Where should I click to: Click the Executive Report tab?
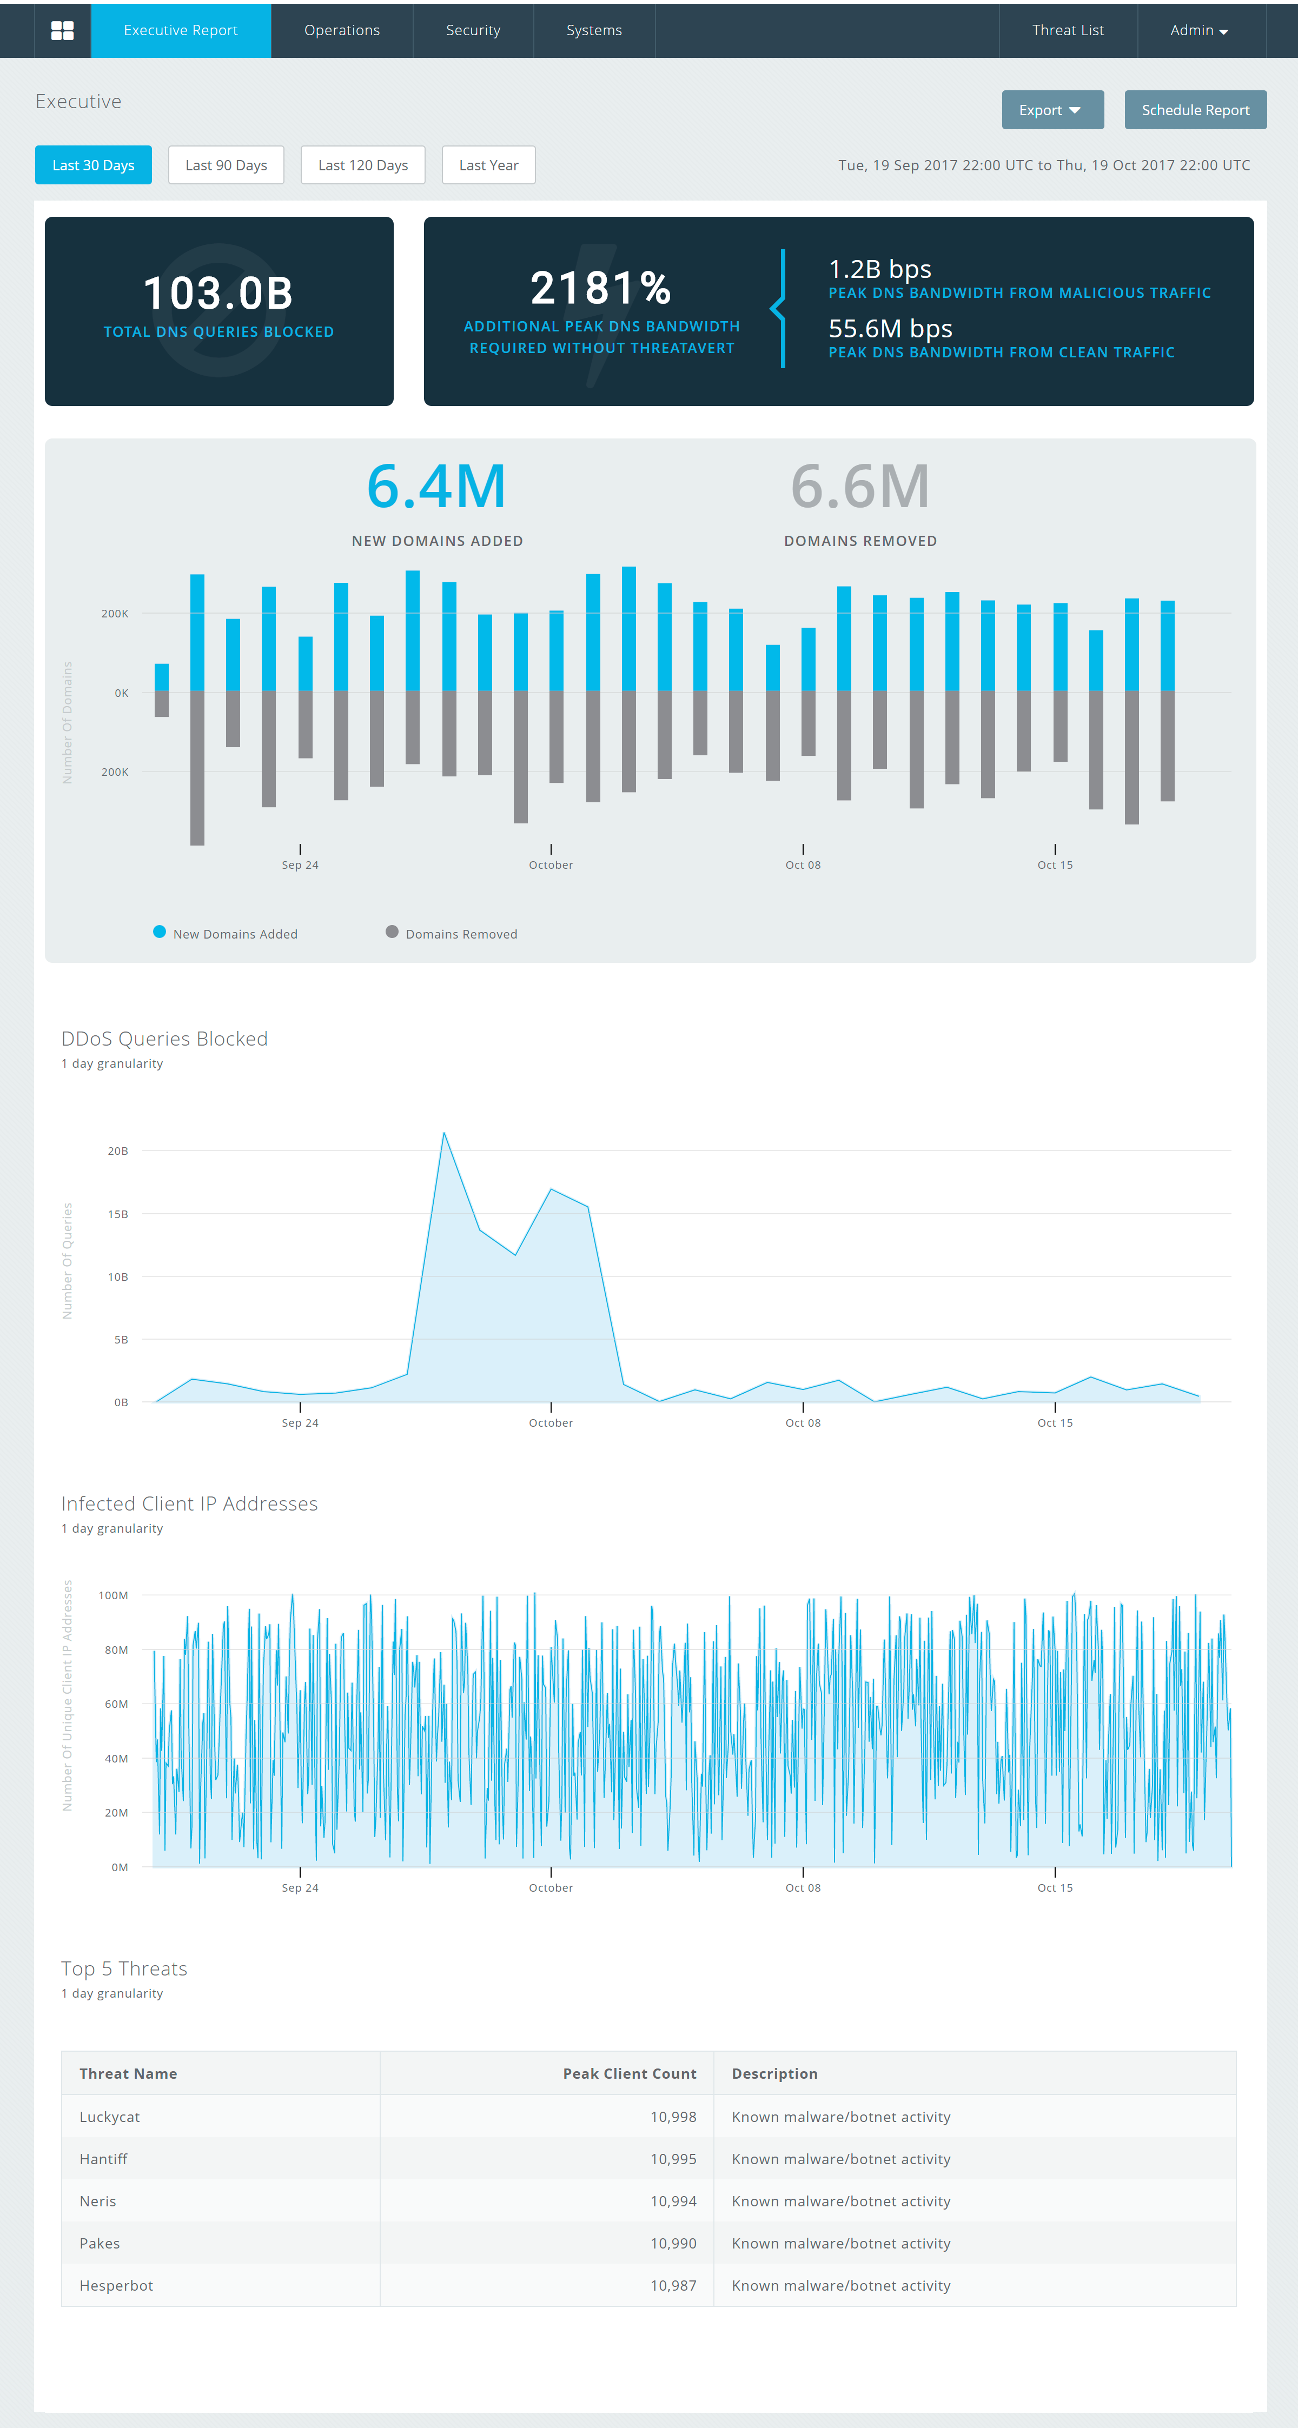coord(180,30)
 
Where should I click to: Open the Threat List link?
coord(1067,30)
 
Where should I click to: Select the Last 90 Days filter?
coord(226,165)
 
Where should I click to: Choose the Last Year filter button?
coord(488,165)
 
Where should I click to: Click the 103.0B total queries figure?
coord(218,293)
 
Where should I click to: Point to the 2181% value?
coord(600,288)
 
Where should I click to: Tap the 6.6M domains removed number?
coord(860,487)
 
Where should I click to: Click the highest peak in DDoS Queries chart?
coord(444,1134)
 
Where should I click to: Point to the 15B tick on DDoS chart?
coord(118,1214)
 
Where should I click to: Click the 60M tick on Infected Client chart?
coord(116,1704)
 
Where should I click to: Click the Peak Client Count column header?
coord(629,2073)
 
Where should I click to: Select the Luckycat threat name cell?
coord(109,2117)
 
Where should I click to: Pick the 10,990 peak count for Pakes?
coord(673,2243)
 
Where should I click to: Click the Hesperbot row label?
coord(116,2286)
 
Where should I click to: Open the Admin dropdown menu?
coord(1198,30)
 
